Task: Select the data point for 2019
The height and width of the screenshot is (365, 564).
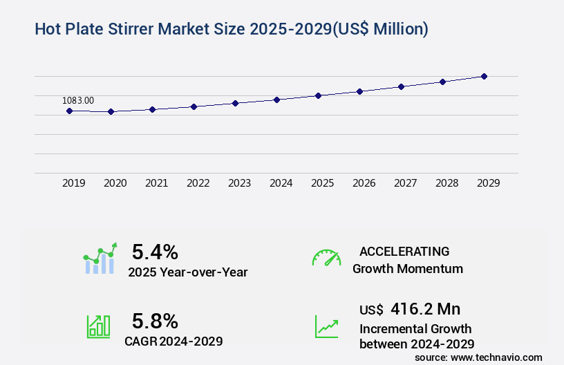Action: [69, 111]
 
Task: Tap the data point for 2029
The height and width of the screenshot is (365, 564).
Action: [484, 76]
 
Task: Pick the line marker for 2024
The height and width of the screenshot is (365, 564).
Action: [276, 100]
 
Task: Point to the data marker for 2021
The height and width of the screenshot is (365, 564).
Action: [152, 109]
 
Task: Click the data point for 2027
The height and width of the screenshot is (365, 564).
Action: [401, 86]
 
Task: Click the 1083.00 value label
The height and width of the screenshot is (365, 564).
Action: [78, 101]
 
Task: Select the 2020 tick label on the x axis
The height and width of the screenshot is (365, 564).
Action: [115, 183]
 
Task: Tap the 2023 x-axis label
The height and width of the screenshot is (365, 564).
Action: [239, 183]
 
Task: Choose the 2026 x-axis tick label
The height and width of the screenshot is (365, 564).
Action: [364, 183]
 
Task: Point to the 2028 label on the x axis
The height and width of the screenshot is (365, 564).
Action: [446, 183]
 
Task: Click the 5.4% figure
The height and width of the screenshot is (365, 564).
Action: [155, 251]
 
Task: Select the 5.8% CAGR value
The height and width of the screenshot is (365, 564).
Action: [155, 321]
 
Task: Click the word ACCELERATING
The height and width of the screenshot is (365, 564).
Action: [404, 252]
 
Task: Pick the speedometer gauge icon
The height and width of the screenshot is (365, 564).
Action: [326, 258]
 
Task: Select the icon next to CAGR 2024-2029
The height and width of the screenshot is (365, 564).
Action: [97, 326]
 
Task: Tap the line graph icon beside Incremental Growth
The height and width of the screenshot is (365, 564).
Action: [326, 326]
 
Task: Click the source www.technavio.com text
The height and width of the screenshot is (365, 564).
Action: [478, 357]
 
